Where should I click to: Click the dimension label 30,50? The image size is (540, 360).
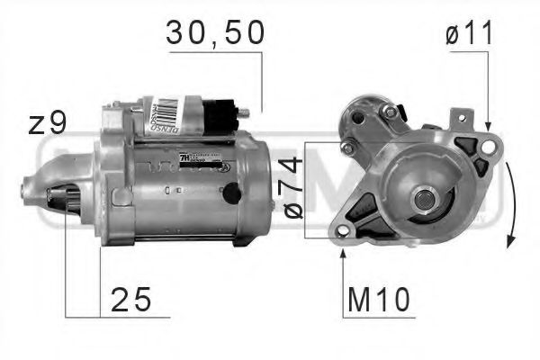point(215,33)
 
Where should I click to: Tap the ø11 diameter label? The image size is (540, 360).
point(470,33)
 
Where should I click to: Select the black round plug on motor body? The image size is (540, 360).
point(231,192)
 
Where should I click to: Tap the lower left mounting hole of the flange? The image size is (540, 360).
point(344,230)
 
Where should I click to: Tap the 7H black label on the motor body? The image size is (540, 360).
point(185,158)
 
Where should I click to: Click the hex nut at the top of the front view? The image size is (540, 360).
point(389,112)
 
